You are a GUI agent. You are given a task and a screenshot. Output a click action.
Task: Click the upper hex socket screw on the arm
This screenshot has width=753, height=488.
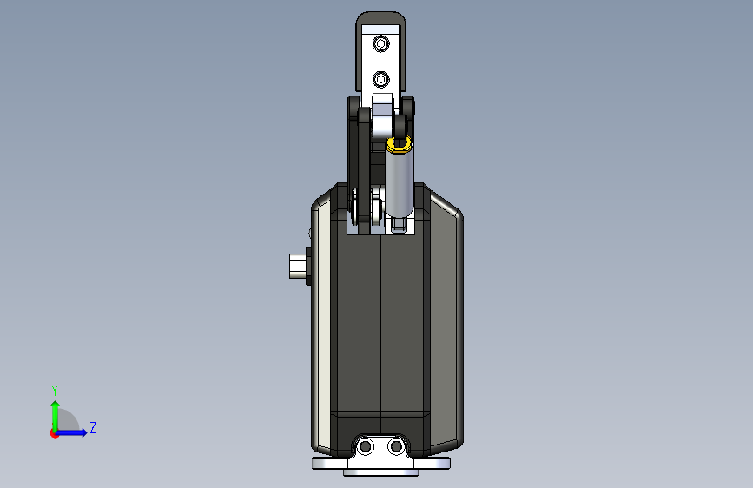pos(380,43)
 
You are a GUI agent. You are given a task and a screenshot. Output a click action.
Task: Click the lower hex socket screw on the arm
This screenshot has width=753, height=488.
pos(380,79)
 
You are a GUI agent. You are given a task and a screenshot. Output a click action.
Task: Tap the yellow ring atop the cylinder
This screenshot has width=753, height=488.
pos(399,144)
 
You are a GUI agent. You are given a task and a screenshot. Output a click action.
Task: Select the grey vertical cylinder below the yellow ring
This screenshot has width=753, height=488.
pos(399,185)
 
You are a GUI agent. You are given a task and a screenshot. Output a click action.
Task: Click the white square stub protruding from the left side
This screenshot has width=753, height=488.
pos(298,266)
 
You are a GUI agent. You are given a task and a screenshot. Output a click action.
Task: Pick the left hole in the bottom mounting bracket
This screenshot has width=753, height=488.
pos(366,446)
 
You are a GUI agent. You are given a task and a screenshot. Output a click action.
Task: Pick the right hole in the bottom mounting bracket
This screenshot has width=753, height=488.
pos(396,446)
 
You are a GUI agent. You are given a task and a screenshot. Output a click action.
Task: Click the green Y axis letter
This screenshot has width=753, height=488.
pos(55,391)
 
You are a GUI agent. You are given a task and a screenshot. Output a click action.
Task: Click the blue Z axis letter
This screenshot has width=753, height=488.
pos(93,427)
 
